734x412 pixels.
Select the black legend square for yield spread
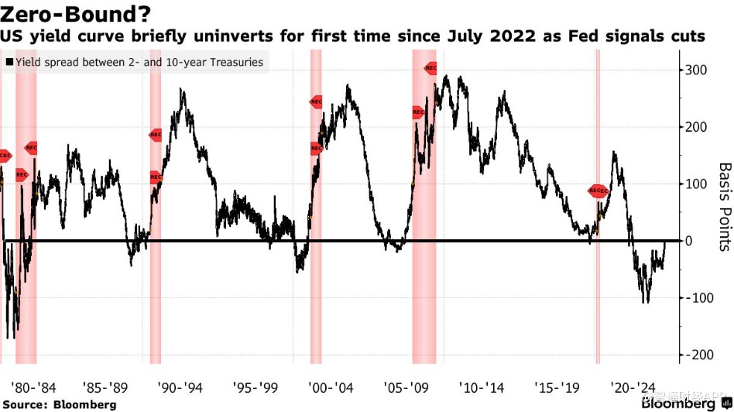pos(9,62)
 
